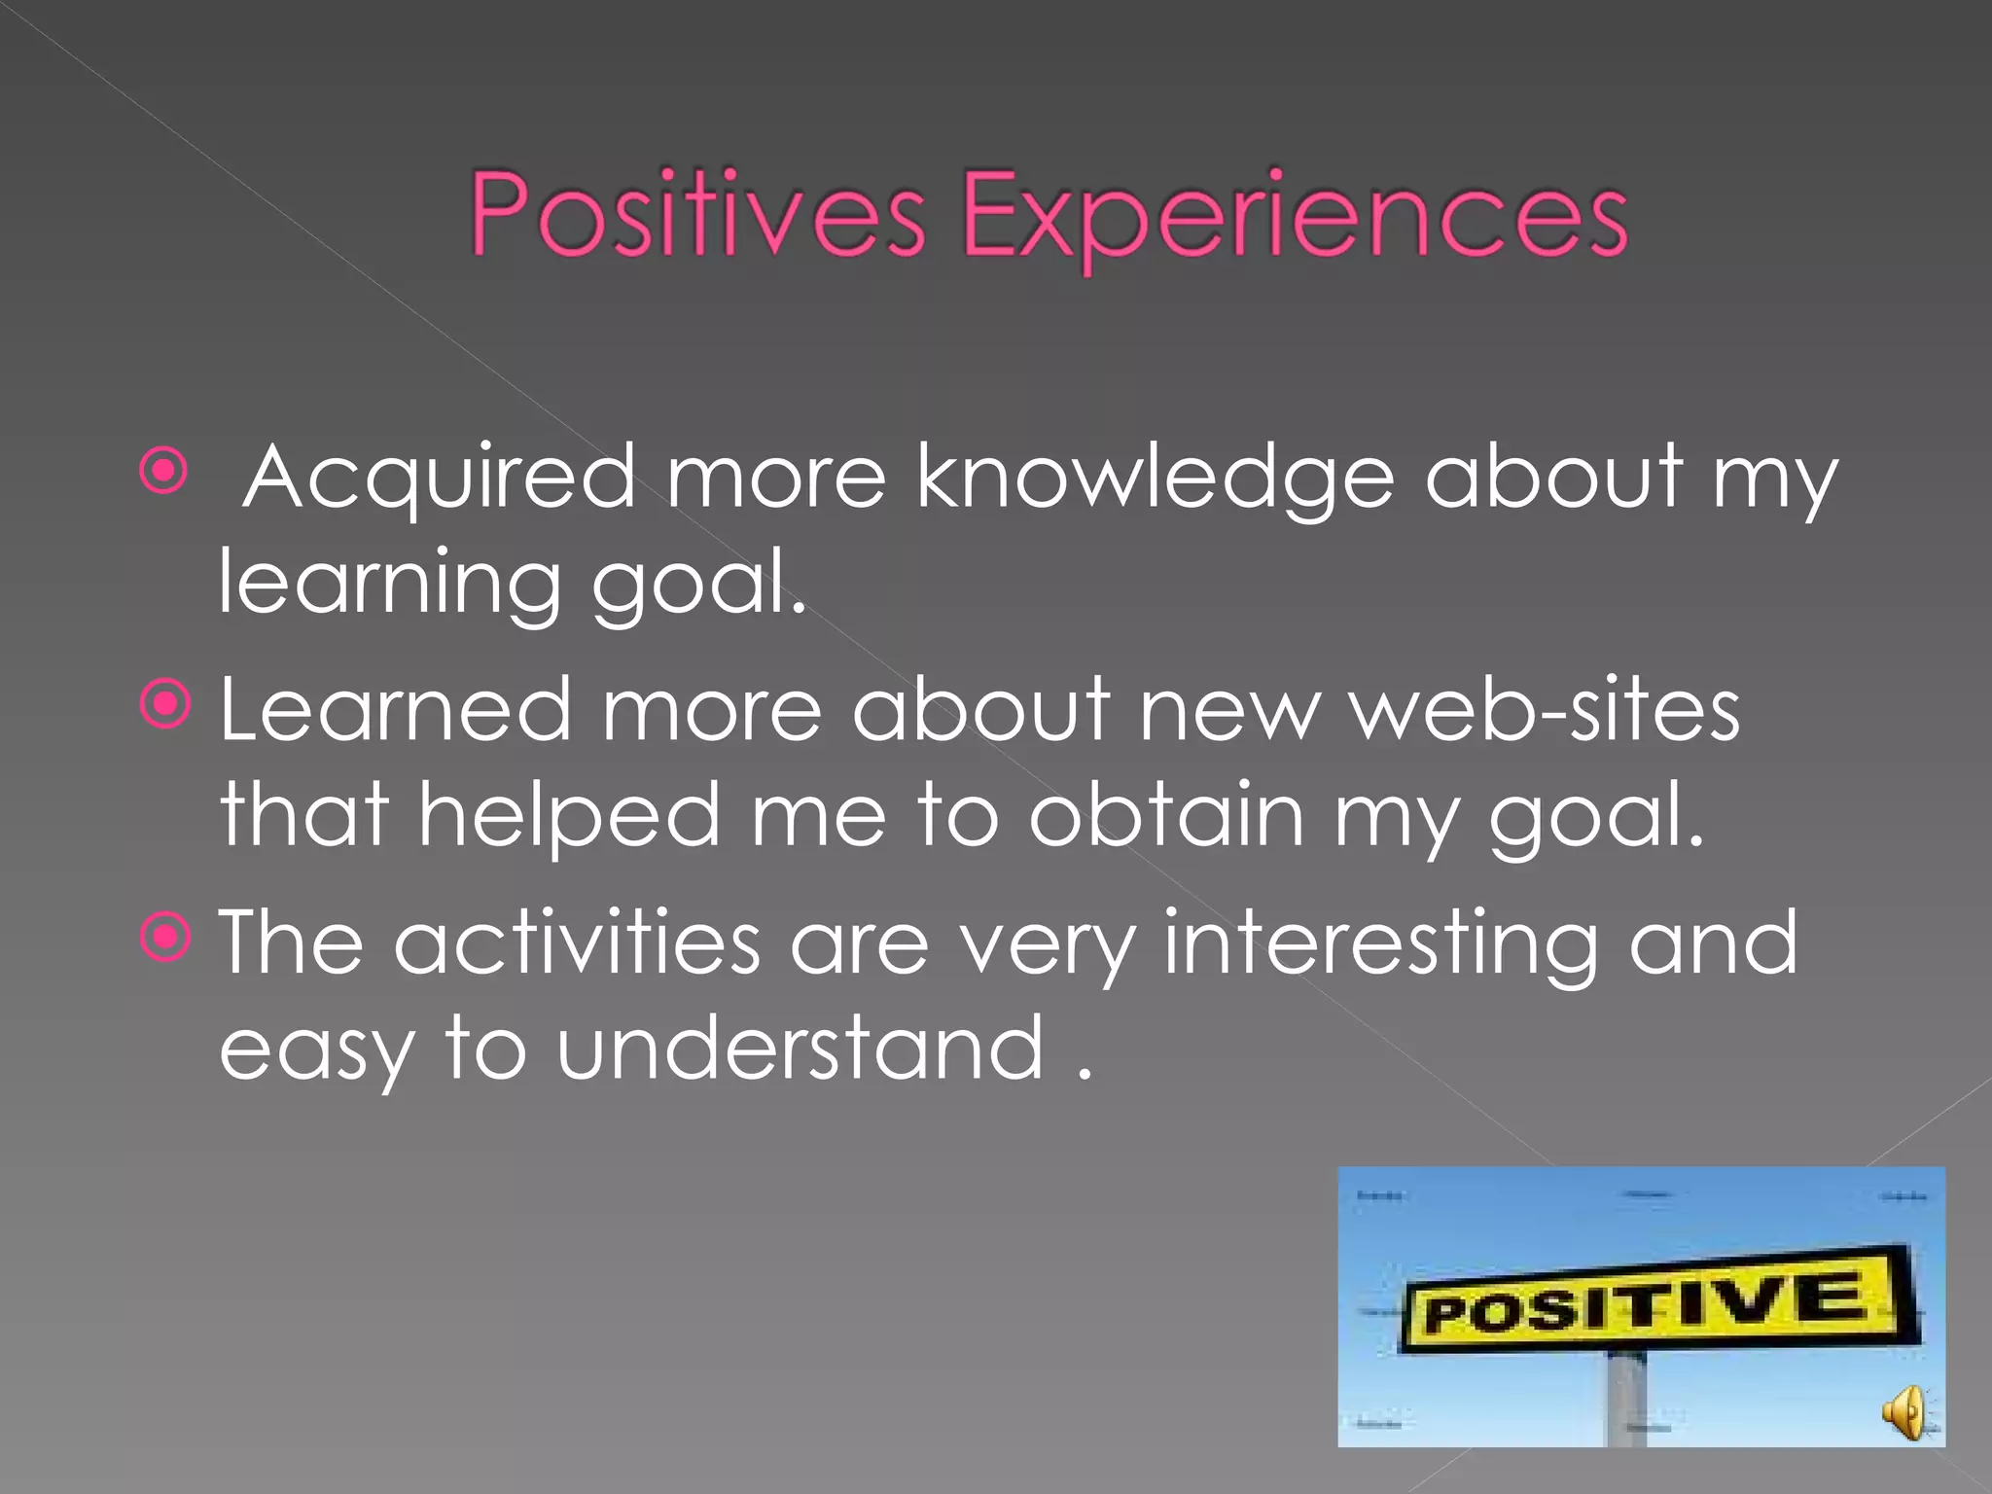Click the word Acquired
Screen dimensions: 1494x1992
click(440, 477)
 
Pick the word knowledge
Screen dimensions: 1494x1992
click(1156, 477)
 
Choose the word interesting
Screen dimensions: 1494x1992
click(1381, 943)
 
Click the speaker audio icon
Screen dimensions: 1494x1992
click(1903, 1411)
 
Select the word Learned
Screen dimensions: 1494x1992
click(395, 709)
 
